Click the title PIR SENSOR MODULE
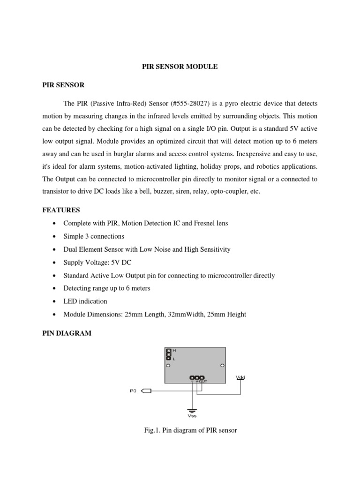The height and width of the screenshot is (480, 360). click(180, 67)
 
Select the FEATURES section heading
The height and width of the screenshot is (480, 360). click(61, 210)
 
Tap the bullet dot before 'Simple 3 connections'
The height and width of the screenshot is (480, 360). click(56, 236)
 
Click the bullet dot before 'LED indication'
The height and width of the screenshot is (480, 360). click(56, 301)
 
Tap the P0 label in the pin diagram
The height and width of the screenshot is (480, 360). click(133, 390)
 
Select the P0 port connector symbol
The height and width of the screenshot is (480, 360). click(146, 390)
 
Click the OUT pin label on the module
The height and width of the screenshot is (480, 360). click(203, 382)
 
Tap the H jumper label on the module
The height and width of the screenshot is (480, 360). click(174, 351)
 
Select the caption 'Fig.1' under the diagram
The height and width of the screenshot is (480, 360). click(153, 430)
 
